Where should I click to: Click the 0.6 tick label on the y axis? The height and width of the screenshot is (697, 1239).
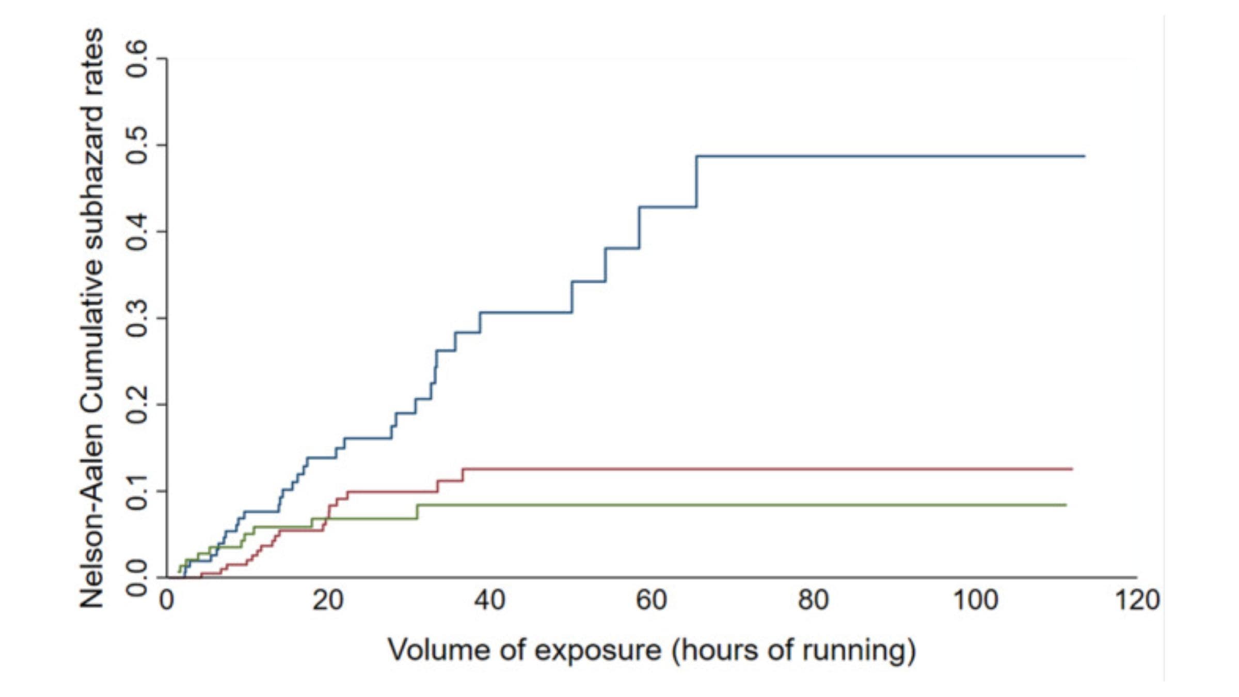138,59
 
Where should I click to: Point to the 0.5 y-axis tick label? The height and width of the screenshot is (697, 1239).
138,146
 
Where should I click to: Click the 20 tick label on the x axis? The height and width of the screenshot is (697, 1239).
328,600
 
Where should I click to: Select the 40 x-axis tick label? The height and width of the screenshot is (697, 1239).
489,600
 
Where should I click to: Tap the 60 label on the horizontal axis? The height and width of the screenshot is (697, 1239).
651,600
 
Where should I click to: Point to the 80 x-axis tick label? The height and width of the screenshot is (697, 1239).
813,600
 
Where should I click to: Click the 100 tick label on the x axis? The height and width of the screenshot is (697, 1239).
975,600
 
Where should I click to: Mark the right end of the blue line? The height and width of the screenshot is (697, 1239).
1084,156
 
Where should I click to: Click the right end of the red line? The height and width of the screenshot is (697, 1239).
1072,469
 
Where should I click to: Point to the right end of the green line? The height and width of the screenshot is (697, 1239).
1066,504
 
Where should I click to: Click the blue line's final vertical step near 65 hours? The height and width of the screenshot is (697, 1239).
696,181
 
